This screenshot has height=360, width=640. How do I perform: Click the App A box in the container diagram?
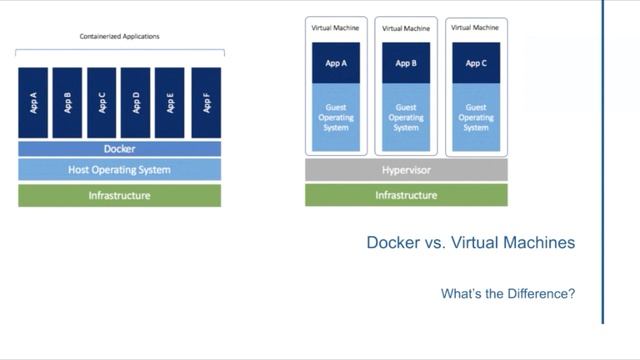click(x=33, y=102)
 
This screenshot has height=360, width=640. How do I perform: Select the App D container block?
click(x=136, y=102)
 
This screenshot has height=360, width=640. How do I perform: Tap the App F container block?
click(x=205, y=102)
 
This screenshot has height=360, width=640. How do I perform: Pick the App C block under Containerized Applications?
click(x=101, y=102)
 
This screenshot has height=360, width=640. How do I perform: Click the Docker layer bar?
click(x=119, y=149)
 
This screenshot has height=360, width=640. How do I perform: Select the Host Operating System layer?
click(x=119, y=169)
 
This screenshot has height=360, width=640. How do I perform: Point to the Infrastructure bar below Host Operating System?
click(x=119, y=195)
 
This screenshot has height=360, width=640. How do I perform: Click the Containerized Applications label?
click(x=119, y=37)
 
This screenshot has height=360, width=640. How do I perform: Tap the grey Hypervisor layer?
click(x=406, y=170)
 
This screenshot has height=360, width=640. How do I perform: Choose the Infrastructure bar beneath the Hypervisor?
click(x=406, y=195)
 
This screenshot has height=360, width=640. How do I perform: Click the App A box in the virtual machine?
click(x=336, y=63)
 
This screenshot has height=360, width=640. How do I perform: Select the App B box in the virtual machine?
click(x=406, y=63)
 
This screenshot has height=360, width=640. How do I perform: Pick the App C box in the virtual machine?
click(x=476, y=63)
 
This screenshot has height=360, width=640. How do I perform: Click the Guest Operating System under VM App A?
click(x=336, y=117)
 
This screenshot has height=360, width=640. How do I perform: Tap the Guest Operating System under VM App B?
click(x=406, y=117)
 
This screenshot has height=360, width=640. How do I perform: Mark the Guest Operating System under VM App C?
click(x=476, y=117)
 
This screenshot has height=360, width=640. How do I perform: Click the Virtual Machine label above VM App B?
click(x=406, y=28)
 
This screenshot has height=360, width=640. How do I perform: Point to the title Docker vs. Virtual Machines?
click(x=470, y=243)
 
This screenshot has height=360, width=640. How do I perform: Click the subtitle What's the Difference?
click(x=508, y=294)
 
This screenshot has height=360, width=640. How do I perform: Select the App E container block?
click(x=170, y=102)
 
